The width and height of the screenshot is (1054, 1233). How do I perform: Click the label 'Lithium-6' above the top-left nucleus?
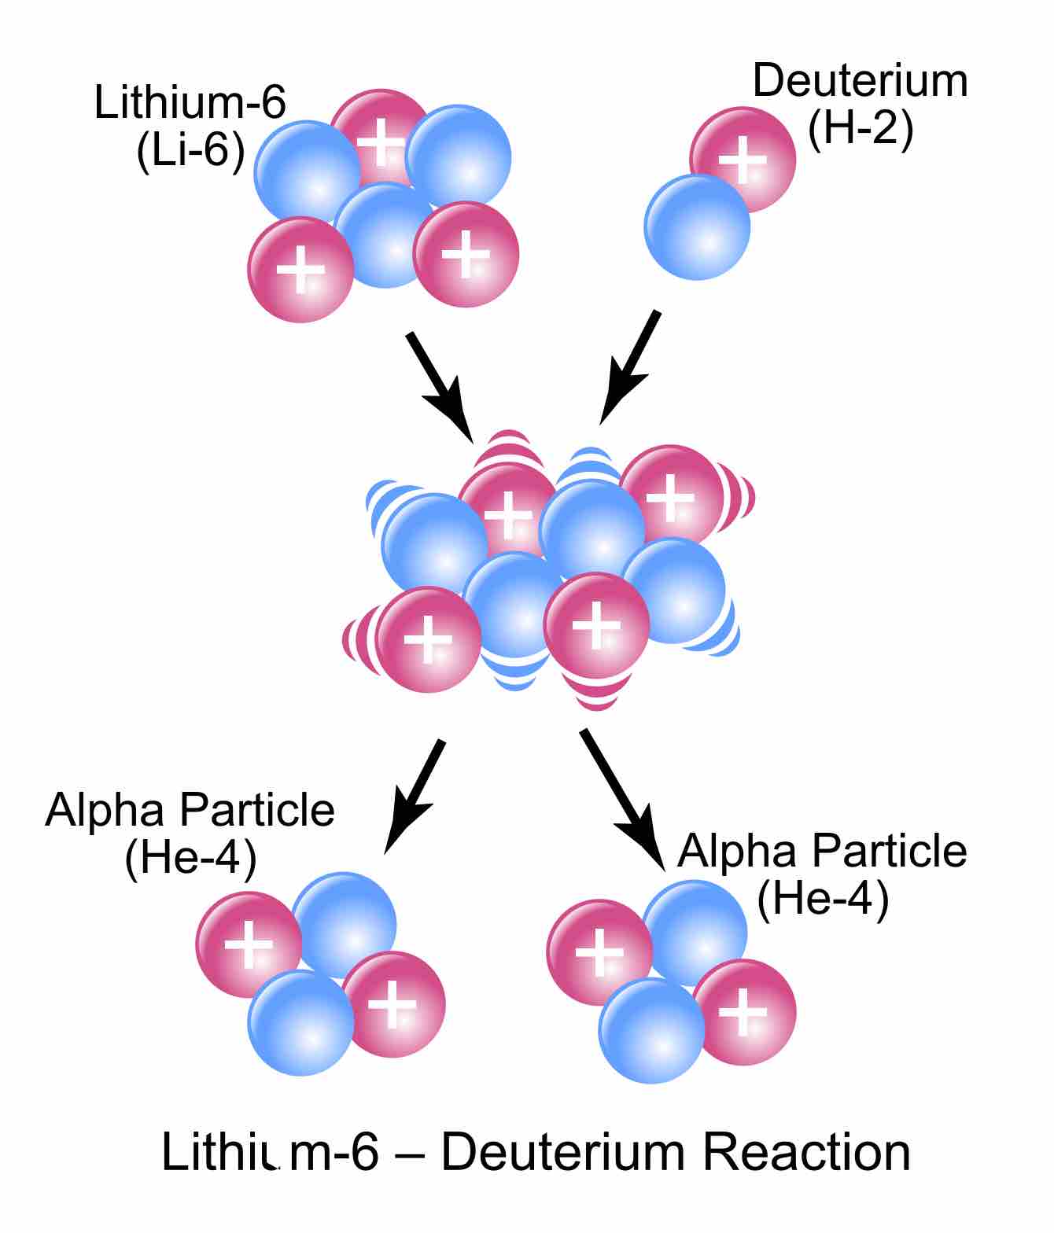[190, 102]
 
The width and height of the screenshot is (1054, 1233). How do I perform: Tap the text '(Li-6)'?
[190, 150]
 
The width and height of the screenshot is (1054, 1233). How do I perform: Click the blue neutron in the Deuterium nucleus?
[697, 226]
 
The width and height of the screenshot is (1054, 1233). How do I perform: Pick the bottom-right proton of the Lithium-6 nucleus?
[466, 254]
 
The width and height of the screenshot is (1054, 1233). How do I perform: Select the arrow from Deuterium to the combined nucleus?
[630, 367]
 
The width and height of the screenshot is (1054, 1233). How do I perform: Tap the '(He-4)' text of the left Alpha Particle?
[190, 859]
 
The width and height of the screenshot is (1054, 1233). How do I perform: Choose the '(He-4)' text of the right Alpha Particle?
[822, 898]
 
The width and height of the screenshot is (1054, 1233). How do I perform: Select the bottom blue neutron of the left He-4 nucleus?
[300, 1022]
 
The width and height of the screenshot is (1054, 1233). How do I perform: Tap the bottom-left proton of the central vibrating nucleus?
[429, 639]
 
